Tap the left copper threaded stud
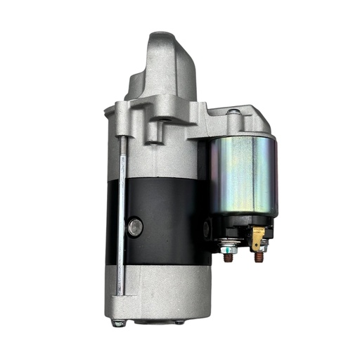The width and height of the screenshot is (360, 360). pyautogui.click(x=229, y=257)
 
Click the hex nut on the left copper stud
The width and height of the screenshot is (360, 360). pyautogui.click(x=228, y=246)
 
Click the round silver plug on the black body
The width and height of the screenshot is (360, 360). pyautogui.click(x=136, y=226)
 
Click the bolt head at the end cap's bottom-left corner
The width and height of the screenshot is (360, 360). pyautogui.click(x=119, y=323)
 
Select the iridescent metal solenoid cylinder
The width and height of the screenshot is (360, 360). pyautogui.click(x=245, y=176)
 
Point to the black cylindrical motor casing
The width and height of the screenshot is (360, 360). pyautogui.click(x=162, y=211)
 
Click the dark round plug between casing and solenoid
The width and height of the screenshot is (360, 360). pyautogui.click(x=206, y=228)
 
